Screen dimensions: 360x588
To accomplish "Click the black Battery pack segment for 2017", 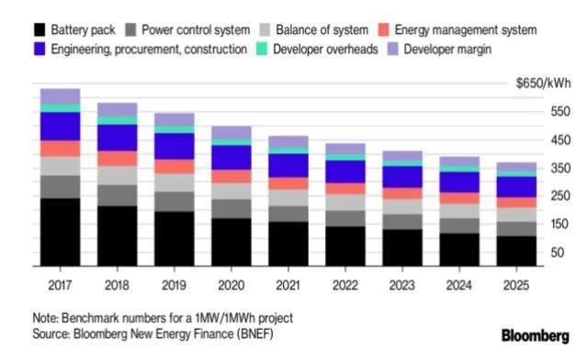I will [x=60, y=231].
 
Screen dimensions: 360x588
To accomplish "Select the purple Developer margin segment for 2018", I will [x=117, y=109].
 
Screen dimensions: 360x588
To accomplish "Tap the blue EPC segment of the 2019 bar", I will [x=174, y=146].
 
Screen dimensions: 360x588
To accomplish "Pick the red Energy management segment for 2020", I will [x=231, y=176].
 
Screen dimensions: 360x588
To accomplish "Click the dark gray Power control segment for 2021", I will [x=288, y=213].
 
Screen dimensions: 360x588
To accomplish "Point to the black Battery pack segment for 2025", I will [x=515, y=250].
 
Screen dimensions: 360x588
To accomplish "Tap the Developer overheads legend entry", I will [x=322, y=49].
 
